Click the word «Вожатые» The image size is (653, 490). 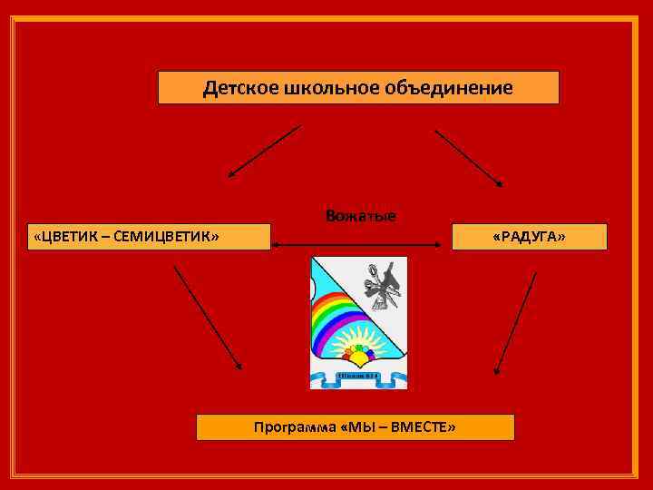tap(360, 216)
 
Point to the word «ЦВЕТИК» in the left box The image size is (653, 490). tap(67, 237)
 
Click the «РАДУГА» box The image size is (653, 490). tap(529, 237)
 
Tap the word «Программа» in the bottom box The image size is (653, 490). tap(295, 427)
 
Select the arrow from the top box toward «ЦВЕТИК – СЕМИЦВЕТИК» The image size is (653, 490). tap(263, 151)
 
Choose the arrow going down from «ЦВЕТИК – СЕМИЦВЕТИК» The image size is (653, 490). tap(208, 318)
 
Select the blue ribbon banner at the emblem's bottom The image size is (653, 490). tap(359, 376)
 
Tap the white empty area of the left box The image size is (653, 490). tap(245, 237)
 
